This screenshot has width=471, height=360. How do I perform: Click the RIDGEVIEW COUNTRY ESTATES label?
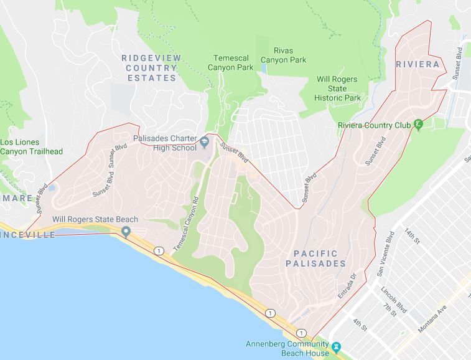click(152, 68)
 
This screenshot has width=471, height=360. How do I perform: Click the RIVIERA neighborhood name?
click(417, 64)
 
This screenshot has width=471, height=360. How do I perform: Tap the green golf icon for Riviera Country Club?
click(419, 125)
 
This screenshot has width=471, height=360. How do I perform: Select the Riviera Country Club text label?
click(375, 125)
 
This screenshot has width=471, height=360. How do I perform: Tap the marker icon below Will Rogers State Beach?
click(126, 232)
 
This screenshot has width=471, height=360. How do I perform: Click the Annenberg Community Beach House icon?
click(336, 346)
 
